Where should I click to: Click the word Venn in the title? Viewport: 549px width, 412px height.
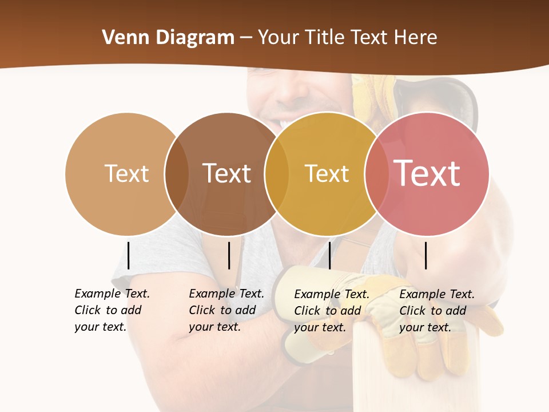(x=120, y=38)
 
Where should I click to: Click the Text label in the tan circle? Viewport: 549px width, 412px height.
(x=126, y=173)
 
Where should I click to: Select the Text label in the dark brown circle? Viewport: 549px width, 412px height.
(x=227, y=173)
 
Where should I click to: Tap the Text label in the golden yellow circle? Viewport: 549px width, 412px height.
(x=327, y=173)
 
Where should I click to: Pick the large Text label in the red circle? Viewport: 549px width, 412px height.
(x=427, y=173)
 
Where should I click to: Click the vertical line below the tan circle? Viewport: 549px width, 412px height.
(x=129, y=255)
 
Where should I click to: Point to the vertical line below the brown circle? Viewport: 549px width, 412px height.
(x=229, y=255)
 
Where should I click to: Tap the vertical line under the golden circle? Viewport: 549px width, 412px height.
(x=329, y=255)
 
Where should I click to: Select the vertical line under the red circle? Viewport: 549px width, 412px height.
(x=426, y=255)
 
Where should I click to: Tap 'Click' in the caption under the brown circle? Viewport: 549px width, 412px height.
(x=201, y=310)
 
